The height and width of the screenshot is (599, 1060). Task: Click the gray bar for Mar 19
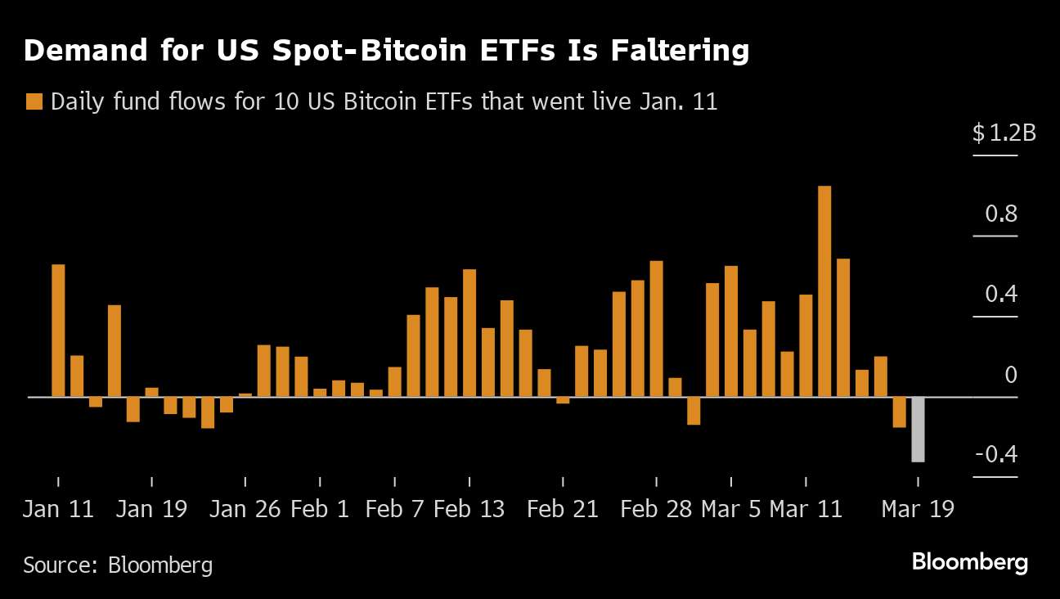click(918, 430)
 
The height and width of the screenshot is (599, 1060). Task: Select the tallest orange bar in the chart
click(824, 291)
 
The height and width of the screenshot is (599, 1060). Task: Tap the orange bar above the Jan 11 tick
click(58, 331)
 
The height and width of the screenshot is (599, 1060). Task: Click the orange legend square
click(34, 102)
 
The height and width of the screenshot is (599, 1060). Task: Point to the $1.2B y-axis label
click(1004, 133)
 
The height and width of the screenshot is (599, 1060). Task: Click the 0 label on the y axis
click(1010, 375)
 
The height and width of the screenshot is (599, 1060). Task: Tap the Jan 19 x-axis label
click(151, 509)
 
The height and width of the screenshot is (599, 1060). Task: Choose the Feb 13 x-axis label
click(469, 509)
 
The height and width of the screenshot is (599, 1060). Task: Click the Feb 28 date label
click(656, 509)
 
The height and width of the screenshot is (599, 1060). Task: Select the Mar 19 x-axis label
click(917, 509)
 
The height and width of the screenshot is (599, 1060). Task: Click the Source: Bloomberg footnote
click(118, 565)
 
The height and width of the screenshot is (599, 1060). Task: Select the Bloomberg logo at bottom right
click(969, 563)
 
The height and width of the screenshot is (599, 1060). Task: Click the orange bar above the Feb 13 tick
click(469, 333)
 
